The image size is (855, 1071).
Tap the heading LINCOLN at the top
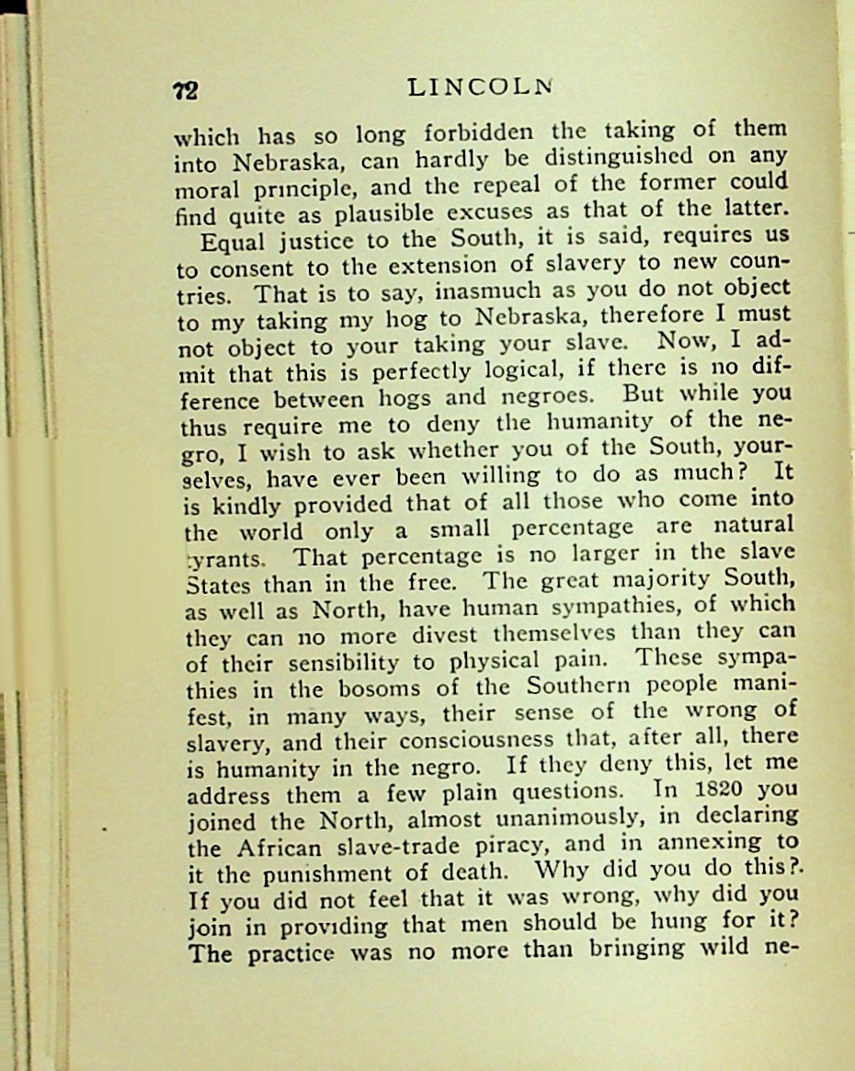[479, 87]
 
